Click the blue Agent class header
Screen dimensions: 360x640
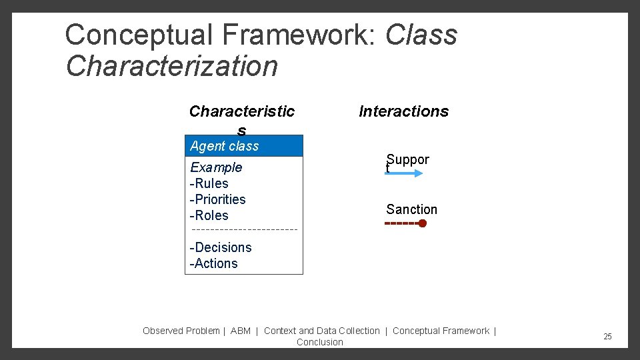coord(244,146)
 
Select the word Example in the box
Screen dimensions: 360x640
coord(216,167)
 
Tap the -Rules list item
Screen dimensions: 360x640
coord(209,183)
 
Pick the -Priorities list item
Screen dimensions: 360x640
coord(218,199)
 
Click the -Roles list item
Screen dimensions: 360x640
coord(209,215)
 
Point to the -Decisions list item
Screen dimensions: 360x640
coord(221,247)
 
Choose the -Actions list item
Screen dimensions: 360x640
coord(214,263)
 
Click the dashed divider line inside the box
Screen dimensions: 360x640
coord(244,231)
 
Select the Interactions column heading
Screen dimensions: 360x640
coord(403,111)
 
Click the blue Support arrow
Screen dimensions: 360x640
coord(404,173)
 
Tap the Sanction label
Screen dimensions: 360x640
coord(411,209)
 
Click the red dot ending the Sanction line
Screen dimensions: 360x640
coord(423,224)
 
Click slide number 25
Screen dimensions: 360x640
coord(607,337)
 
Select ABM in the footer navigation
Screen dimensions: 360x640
coord(240,331)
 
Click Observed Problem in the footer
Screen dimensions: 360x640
coord(181,331)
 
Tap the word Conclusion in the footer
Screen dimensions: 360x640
coord(320,342)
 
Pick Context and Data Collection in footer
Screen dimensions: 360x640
coord(322,331)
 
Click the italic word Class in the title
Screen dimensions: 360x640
coord(421,35)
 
